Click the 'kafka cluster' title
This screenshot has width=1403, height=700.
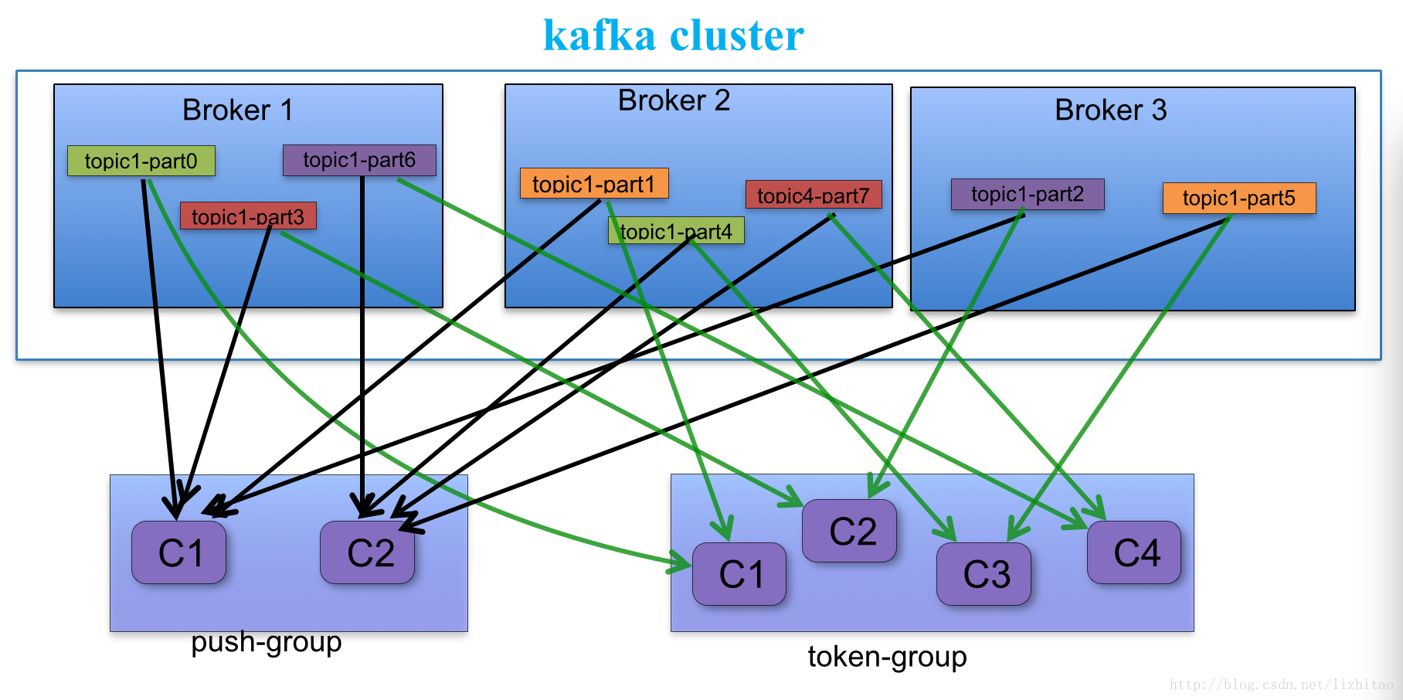point(673,36)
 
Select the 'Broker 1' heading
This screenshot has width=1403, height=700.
point(237,110)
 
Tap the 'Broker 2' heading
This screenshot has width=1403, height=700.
point(674,100)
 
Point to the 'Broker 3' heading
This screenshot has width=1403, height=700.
point(1110,110)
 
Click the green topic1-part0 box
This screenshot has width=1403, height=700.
point(141,161)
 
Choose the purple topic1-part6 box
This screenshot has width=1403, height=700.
point(359,160)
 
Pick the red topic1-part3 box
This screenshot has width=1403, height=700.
point(247,216)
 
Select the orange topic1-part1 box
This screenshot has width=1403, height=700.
point(593,184)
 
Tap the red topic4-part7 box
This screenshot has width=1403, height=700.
point(813,195)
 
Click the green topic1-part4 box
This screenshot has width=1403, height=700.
point(676,230)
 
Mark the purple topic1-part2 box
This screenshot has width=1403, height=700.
point(1027,194)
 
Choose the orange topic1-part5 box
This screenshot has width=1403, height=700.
point(1238,198)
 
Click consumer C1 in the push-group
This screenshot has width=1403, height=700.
point(179,552)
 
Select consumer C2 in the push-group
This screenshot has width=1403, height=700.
point(368,552)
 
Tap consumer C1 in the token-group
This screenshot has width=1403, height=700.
point(739,574)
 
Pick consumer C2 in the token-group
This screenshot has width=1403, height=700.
point(850,531)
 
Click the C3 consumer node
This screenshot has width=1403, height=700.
point(983,574)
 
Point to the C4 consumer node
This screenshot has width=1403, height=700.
point(1134,552)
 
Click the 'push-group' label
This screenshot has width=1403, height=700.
point(266,642)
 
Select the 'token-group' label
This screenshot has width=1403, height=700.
point(887,657)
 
